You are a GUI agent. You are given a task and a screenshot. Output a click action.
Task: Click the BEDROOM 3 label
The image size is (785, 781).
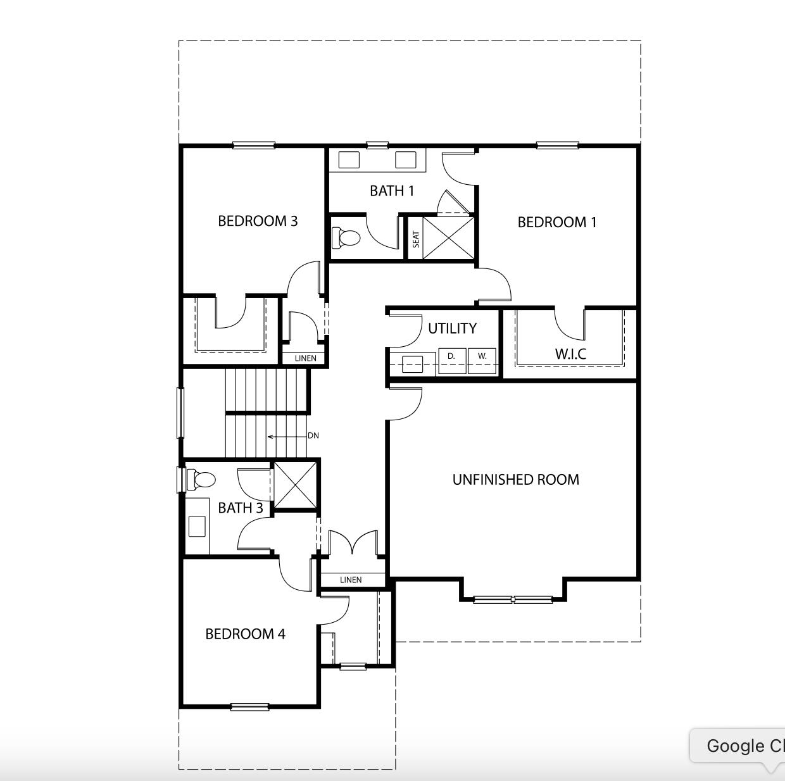tap(258, 222)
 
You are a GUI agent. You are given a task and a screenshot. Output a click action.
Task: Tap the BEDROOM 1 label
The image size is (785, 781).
tap(557, 222)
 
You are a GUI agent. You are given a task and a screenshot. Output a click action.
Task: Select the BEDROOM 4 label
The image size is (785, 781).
tap(245, 634)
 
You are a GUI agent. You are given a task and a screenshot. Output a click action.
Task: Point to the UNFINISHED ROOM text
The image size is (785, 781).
tap(516, 480)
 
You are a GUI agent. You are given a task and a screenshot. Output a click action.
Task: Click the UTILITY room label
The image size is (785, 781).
tap(452, 328)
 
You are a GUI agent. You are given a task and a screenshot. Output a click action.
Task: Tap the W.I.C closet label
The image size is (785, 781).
tap(571, 354)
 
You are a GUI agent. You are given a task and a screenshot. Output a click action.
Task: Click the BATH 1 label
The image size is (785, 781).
tap(392, 191)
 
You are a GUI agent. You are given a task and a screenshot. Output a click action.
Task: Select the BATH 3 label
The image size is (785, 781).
tap(241, 508)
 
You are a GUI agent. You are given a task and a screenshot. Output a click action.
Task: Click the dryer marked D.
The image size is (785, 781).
tap(452, 361)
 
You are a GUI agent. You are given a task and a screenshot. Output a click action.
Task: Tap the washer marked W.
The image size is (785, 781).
tap(482, 361)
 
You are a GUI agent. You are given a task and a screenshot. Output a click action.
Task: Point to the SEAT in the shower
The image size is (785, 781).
tap(416, 239)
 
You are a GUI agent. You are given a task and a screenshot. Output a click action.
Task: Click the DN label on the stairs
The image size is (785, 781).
tap(313, 435)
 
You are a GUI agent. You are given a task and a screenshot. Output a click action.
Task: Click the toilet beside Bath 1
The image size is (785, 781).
tap(346, 237)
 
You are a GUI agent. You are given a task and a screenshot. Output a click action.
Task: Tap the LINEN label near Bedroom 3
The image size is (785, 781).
tap(306, 358)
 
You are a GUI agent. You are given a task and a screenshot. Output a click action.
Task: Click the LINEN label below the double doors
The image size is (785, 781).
tap(351, 580)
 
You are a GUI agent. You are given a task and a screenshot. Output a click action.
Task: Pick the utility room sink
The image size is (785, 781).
tap(412, 364)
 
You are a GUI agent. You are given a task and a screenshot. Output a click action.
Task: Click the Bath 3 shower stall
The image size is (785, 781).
tap(295, 485)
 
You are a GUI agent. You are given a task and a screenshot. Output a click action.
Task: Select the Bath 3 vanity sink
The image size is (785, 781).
tap(197, 526)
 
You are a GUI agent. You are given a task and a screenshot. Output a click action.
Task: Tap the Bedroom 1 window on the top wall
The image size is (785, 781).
tap(558, 145)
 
